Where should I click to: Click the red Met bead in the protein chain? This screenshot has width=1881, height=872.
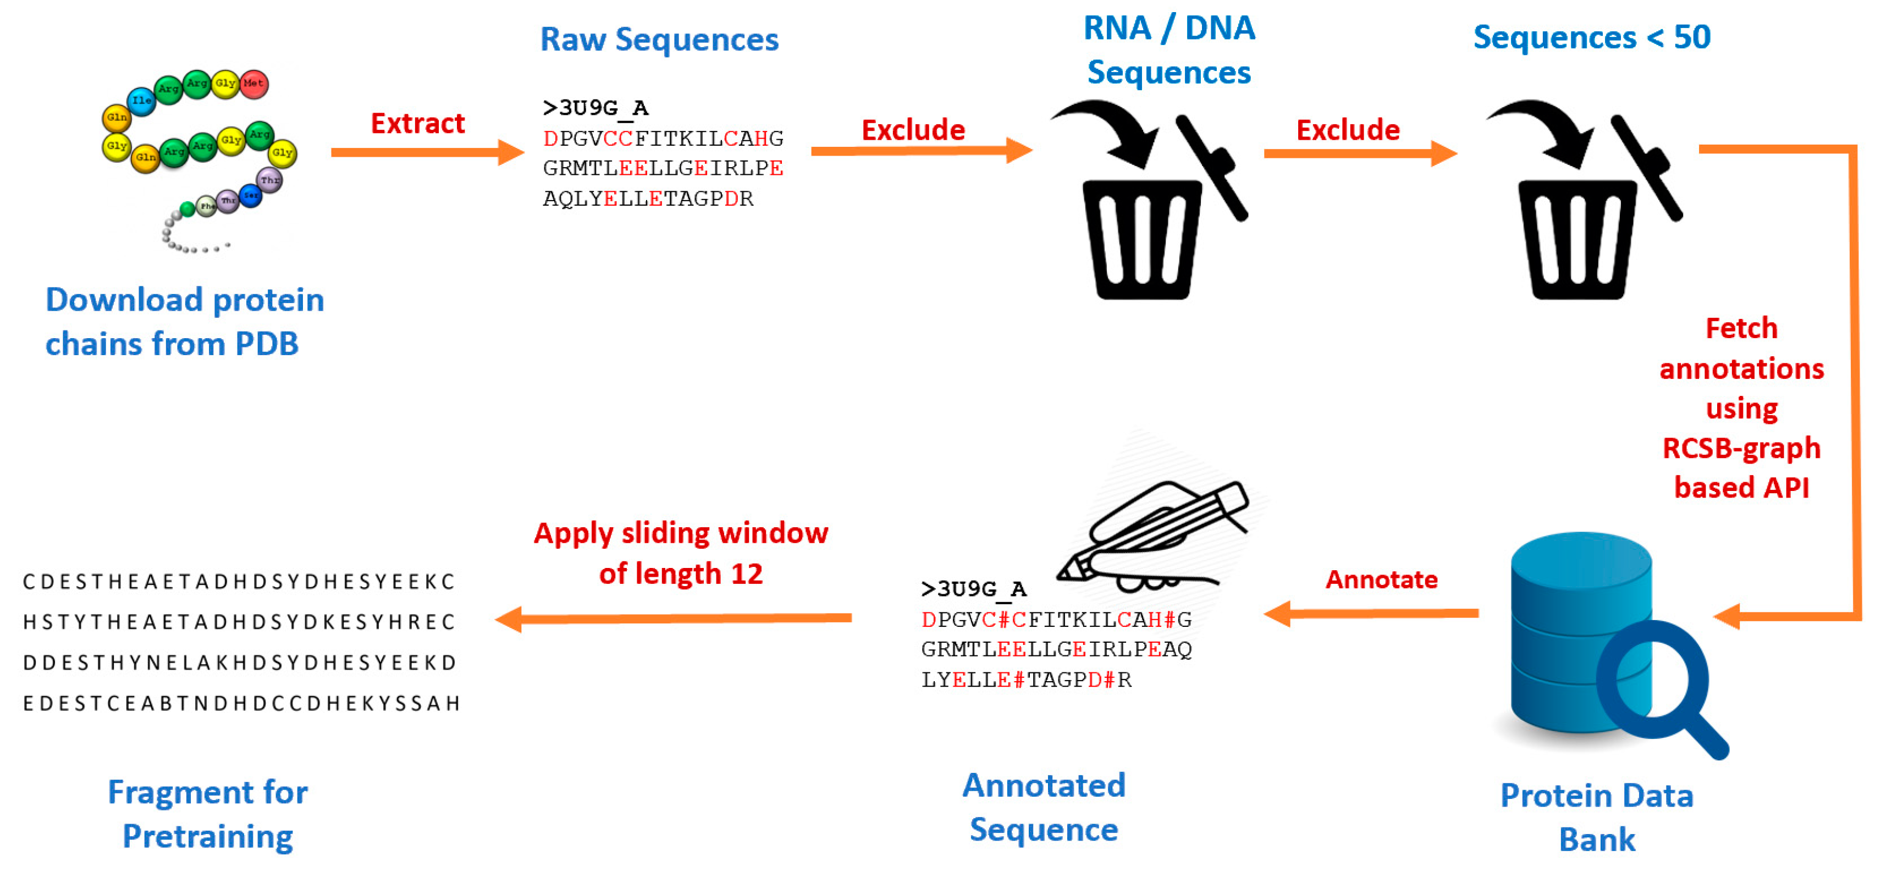pos(253,83)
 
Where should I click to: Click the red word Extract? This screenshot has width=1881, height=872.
pos(418,123)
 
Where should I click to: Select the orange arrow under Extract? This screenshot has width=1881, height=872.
pos(427,152)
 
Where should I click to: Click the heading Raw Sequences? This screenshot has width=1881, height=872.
pos(659,40)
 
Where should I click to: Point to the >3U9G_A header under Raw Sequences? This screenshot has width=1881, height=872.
pos(595,108)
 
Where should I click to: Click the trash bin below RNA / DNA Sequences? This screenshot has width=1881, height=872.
pos(1141,238)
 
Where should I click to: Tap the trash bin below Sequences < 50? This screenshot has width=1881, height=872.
pos(1577,238)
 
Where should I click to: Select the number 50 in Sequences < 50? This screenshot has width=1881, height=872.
pos(1691,37)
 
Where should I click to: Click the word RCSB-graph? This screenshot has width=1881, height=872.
pos(1741,448)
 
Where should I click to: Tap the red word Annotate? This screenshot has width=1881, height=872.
pos(1381,579)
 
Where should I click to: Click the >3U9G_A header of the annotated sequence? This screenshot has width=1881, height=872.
pos(973,589)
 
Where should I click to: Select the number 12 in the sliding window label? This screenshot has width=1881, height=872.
pos(746,574)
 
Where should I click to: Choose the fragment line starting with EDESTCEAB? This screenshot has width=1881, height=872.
pos(241,703)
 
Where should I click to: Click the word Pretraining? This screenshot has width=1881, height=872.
pos(207,836)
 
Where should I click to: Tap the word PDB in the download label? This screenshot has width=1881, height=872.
pos(267,344)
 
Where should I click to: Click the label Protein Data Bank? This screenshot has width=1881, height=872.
pos(1596,816)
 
